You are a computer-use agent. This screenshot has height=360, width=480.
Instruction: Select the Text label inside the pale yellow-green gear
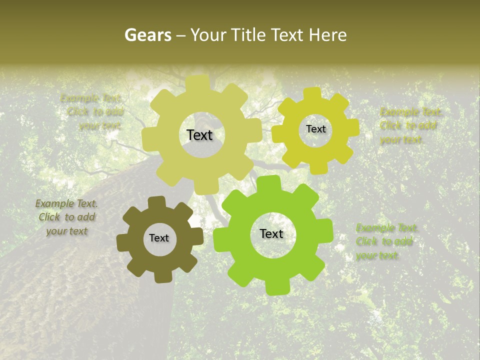199,135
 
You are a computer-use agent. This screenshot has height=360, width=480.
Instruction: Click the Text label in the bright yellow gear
315,129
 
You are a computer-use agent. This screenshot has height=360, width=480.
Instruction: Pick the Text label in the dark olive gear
159,238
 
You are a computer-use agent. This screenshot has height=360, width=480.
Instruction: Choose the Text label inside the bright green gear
271,233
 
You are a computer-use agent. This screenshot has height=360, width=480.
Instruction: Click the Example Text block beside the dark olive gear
66,217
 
